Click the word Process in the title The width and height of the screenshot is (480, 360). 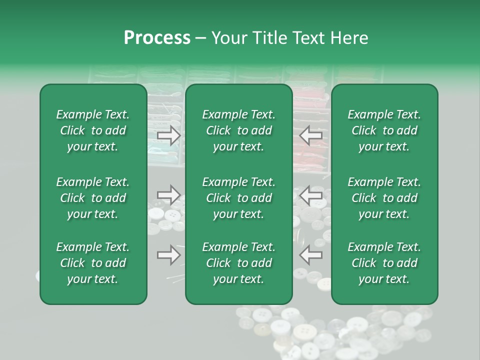(x=157, y=38)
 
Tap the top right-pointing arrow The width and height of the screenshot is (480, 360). (x=168, y=135)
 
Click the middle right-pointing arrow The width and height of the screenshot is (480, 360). (x=168, y=194)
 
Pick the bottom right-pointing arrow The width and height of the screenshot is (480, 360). (x=168, y=255)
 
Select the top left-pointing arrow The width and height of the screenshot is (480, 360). (x=311, y=135)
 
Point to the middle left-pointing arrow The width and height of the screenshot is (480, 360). (x=311, y=194)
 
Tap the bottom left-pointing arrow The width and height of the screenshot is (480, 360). (x=311, y=255)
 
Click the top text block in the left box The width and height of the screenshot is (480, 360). (x=93, y=130)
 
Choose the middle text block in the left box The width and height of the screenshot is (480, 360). (x=93, y=198)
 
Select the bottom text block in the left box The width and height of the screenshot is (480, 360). (x=93, y=263)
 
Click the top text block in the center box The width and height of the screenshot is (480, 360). (x=239, y=130)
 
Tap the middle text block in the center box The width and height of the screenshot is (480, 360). (x=239, y=198)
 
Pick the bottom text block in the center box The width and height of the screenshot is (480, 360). (x=239, y=263)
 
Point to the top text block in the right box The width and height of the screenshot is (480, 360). (x=384, y=130)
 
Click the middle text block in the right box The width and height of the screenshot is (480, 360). (x=384, y=198)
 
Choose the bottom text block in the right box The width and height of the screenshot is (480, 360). (x=384, y=263)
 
